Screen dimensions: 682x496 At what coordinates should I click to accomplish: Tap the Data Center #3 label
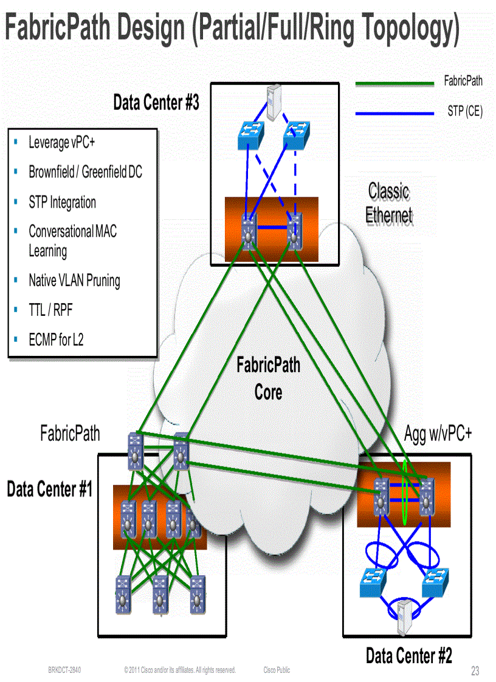tap(156, 103)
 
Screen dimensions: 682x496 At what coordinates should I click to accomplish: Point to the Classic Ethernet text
tap(389, 203)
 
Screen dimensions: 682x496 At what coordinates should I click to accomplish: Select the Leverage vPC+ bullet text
tap(61, 143)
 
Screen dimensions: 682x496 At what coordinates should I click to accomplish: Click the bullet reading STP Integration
tap(62, 202)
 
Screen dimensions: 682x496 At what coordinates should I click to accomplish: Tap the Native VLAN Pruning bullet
tap(74, 281)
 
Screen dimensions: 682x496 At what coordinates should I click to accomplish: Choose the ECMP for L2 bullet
tap(56, 340)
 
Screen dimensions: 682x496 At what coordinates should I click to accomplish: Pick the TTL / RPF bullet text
tap(50, 310)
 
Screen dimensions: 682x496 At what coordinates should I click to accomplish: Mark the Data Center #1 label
tap(50, 489)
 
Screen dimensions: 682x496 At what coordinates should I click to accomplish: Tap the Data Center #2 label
tap(408, 656)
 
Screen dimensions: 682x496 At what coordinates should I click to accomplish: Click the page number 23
tap(475, 671)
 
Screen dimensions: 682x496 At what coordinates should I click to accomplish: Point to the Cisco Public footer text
tap(277, 670)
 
